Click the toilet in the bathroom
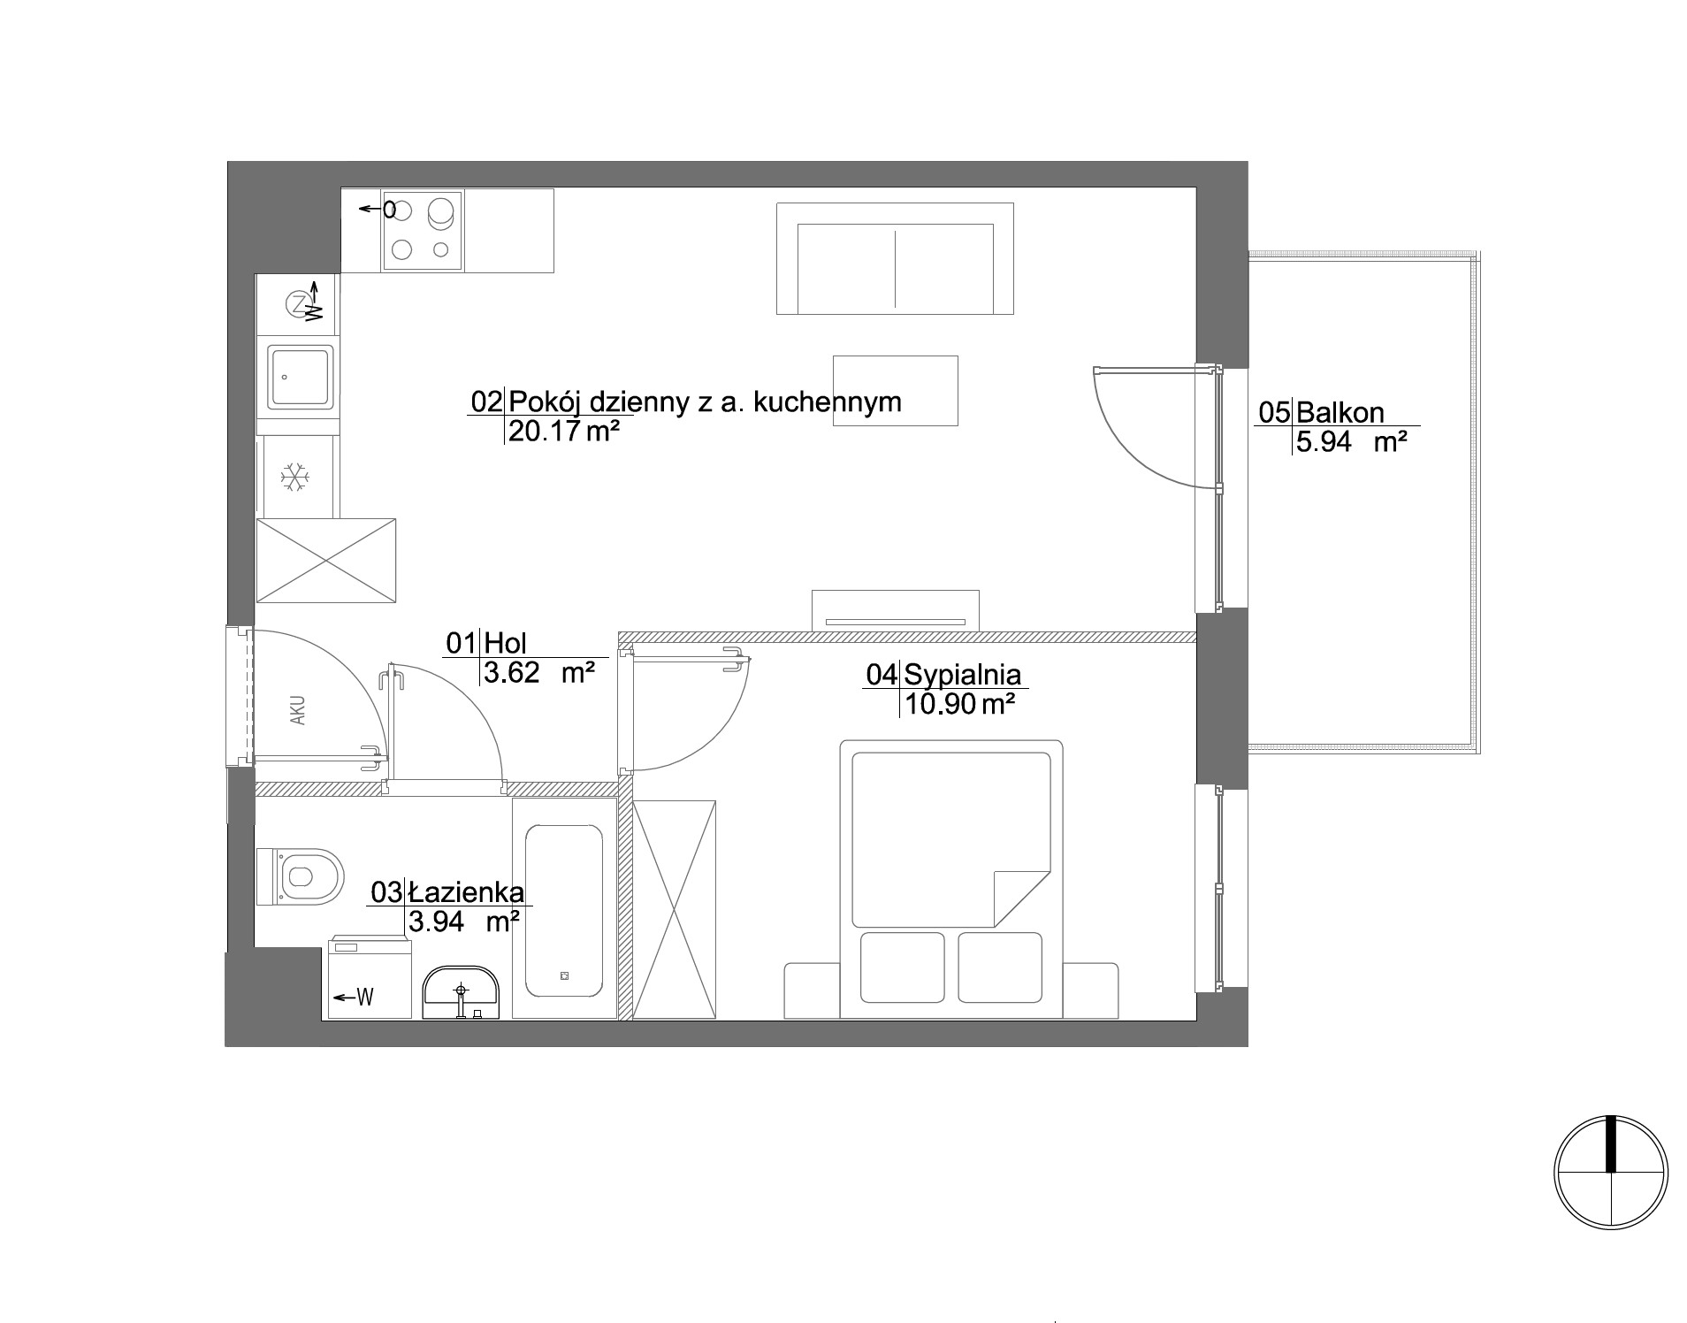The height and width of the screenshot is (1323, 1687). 300,876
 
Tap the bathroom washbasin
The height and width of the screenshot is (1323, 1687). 461,992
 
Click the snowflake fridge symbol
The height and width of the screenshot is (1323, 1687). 294,478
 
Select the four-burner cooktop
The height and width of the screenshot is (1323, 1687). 422,230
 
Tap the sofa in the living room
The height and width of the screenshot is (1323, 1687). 895,258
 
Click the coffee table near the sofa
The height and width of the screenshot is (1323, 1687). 896,391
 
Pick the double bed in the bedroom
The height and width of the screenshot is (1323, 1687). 950,879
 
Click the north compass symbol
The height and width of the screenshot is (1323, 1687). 1611,1172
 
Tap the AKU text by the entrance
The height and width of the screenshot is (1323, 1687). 298,710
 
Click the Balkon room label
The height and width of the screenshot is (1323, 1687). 1340,412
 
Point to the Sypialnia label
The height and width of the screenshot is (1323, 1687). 963,675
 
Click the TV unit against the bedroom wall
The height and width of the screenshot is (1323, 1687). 896,610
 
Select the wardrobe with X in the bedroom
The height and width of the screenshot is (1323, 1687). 674,910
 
